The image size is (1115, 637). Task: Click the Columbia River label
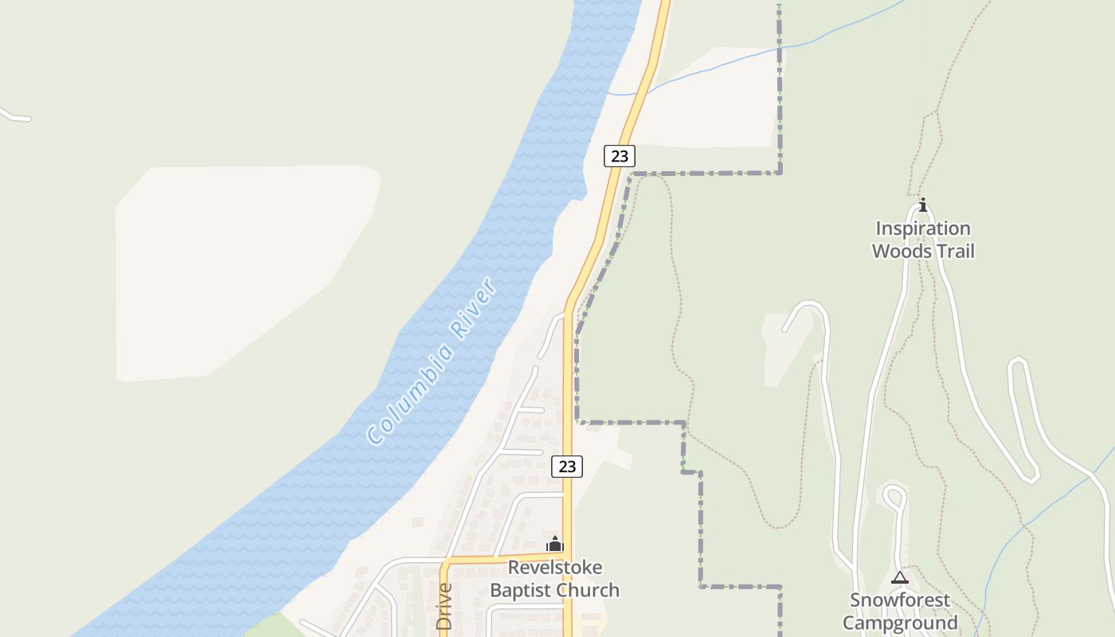pos(432,361)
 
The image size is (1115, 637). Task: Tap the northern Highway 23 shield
pos(619,156)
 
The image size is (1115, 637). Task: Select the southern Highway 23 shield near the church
pos(567,467)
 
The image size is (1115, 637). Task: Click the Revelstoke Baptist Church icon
pos(554,545)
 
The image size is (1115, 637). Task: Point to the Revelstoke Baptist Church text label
pos(554,579)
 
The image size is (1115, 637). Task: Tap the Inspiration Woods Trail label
pos(923,240)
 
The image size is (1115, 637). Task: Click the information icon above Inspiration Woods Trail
pos(923,205)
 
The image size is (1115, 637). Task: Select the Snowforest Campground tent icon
pos(900,577)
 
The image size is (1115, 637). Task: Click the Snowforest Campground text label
pos(900,612)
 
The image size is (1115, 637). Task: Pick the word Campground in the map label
pos(900,623)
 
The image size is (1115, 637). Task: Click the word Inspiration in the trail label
pos(923,229)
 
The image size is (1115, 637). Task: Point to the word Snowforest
pos(900,600)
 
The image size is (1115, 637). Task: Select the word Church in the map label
pos(588,590)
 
